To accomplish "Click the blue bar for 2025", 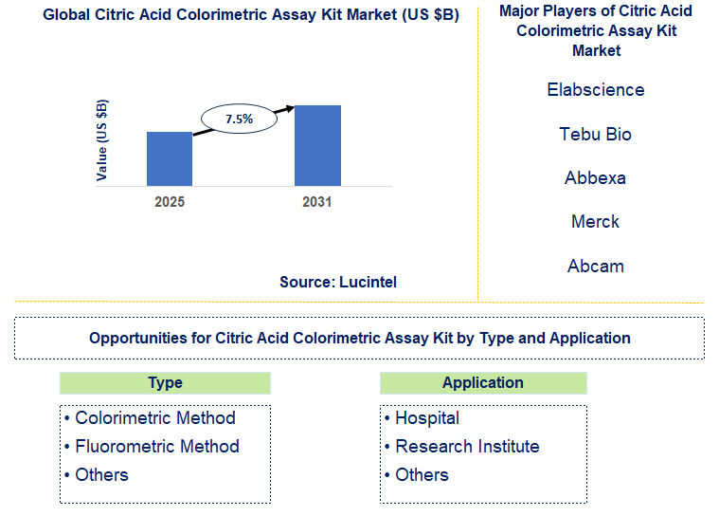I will point(170,158).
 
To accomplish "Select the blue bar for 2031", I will point(317,145).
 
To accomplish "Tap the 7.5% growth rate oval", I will point(239,120).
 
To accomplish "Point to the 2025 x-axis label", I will point(170,202).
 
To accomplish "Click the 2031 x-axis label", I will point(317,202).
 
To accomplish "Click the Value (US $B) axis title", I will point(102,139).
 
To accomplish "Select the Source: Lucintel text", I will point(338,282).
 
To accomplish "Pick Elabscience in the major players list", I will point(595,90).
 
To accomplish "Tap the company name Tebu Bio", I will point(595,135).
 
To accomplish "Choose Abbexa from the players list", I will point(595,178).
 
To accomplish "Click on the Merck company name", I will point(595,222).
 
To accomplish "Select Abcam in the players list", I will point(595,267).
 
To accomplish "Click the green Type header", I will point(165,383).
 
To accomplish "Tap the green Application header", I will point(483,383).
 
